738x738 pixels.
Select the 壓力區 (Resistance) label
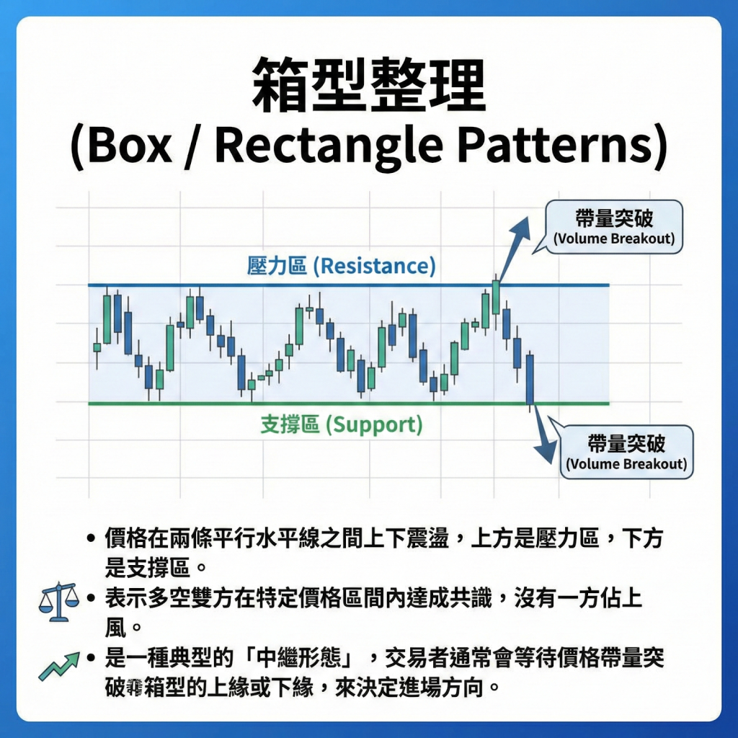pos(341,267)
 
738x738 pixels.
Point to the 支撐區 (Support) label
pos(341,424)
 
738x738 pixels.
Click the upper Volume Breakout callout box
pos(614,226)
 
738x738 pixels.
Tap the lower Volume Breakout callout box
pos(626,452)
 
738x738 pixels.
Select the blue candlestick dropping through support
pos(530,381)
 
